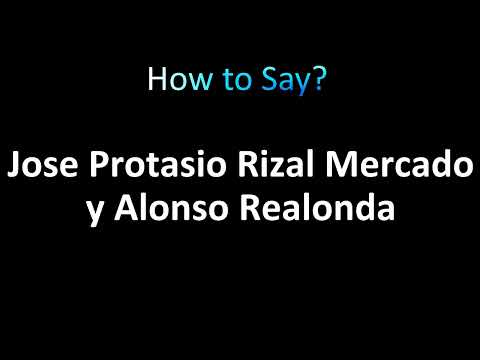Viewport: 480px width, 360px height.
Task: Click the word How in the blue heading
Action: [170, 80]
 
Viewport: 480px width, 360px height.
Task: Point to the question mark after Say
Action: [317, 80]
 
